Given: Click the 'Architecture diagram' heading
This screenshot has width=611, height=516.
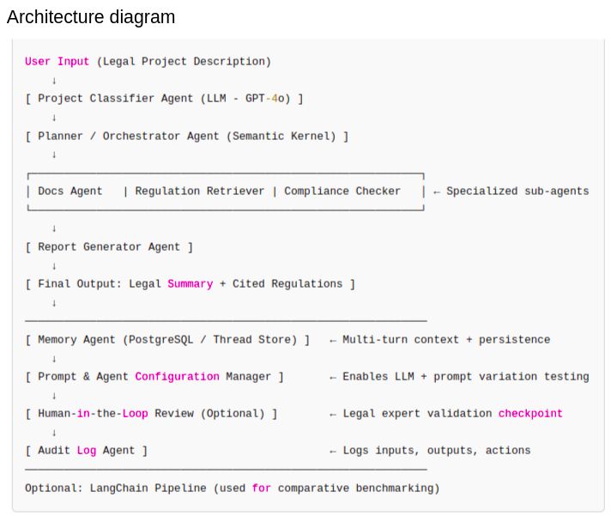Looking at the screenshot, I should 91,17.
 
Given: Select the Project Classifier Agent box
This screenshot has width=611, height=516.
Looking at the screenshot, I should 164,99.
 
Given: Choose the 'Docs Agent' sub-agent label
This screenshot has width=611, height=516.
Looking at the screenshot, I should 70,191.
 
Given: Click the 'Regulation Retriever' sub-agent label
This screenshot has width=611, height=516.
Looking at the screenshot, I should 199,191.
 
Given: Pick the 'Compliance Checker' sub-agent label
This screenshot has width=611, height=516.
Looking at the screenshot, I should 342,191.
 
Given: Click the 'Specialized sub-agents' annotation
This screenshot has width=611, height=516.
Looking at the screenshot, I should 517,191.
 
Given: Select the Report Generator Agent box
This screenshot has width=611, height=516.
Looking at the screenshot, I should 109,247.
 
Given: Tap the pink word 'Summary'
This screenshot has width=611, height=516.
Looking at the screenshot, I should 190,284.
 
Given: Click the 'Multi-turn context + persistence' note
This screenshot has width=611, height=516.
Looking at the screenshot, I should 446,340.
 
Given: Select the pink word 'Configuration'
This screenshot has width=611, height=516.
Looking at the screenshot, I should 177,377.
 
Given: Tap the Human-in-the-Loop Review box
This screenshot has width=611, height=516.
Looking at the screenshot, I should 151,414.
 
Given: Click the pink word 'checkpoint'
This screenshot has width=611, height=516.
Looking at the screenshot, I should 530,414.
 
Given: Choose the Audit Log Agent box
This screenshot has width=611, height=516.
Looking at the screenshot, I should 86,451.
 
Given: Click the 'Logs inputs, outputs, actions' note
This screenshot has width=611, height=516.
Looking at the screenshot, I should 436,451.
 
